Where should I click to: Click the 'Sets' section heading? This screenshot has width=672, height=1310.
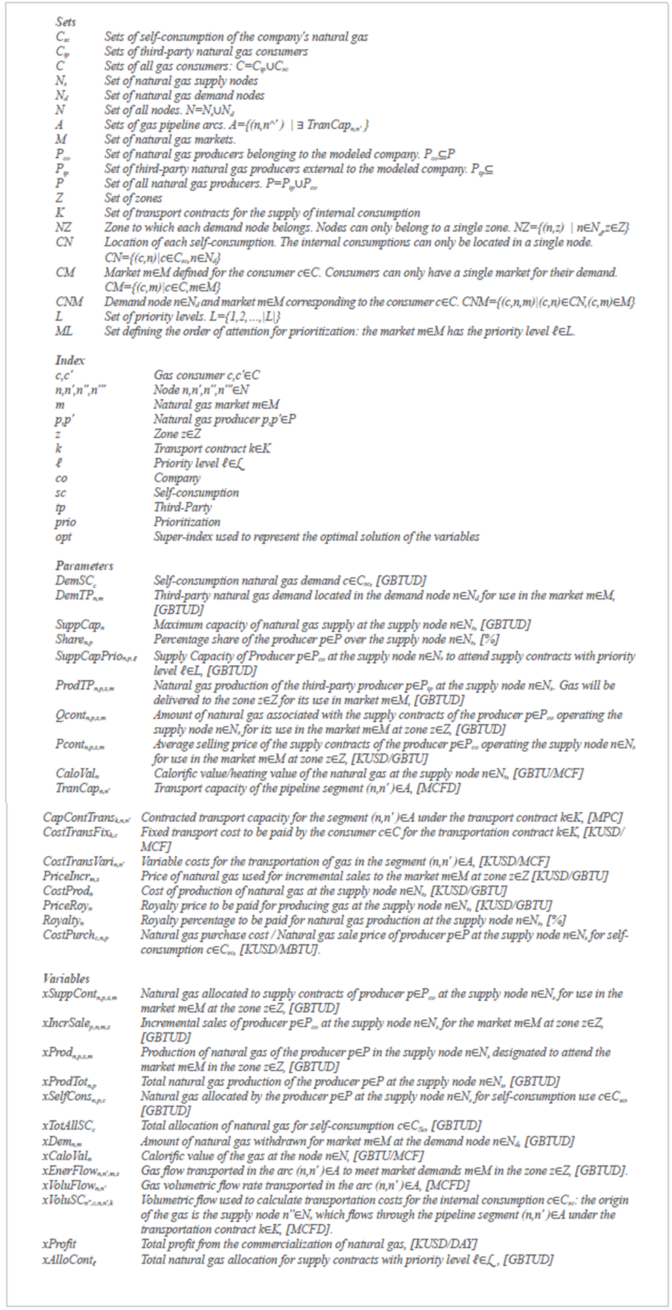pos(66,22)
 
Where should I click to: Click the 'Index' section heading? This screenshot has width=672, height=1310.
pos(69,360)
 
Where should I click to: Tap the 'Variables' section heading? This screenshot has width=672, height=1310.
pos(65,978)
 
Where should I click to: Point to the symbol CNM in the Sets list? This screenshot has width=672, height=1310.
pos(69,301)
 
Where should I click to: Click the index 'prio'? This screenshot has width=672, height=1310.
pos(65,522)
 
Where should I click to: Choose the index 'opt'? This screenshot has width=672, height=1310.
pos(63,537)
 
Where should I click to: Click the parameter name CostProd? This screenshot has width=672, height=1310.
pos(67,891)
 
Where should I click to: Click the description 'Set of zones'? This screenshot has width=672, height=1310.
pos(133,198)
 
